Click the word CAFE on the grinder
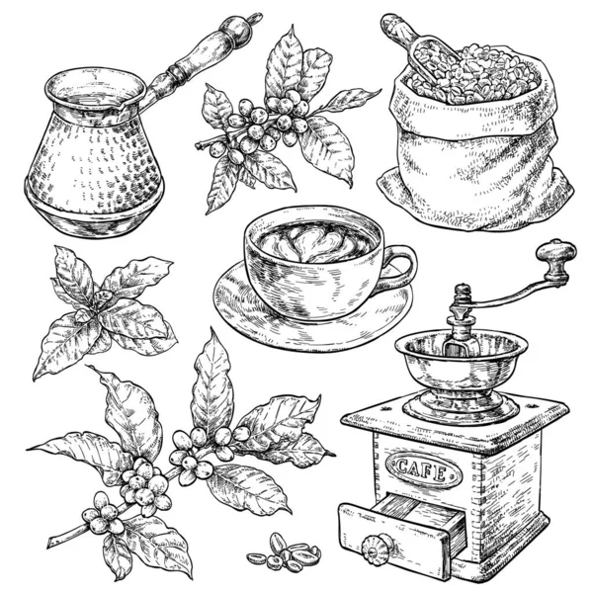click(422, 469)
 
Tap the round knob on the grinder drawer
click(375, 550)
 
